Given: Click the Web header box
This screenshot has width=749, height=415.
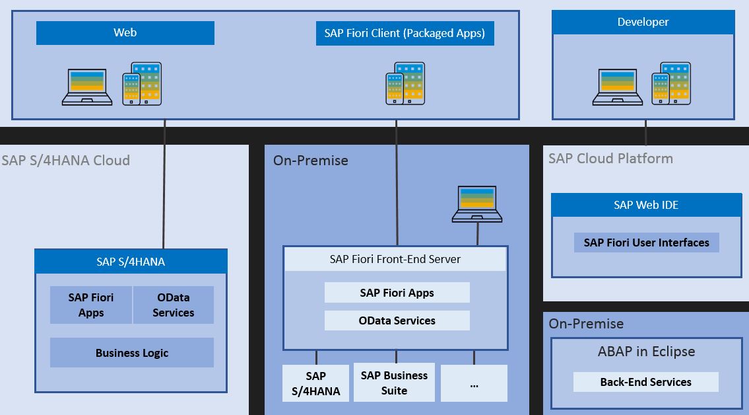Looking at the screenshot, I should (125, 32).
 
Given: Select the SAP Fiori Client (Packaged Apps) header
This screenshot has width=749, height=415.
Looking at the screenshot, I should (405, 33).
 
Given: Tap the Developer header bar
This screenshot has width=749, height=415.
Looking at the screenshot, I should (643, 22).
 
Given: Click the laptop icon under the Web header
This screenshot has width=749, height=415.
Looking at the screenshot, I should (87, 87).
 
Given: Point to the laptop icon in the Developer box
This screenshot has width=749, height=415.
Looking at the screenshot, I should (617, 87).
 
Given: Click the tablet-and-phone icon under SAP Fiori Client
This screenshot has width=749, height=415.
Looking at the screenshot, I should (405, 83).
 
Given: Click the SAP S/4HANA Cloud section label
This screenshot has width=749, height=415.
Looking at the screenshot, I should (65, 161).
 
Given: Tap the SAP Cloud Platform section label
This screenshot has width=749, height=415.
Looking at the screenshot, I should (610, 159).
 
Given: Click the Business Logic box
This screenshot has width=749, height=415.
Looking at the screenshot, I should (132, 353).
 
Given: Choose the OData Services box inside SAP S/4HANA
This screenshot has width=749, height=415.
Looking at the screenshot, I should (174, 305).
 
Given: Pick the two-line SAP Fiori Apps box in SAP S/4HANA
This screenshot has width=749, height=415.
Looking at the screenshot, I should (91, 305).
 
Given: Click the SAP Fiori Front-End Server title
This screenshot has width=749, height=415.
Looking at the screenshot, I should (395, 259).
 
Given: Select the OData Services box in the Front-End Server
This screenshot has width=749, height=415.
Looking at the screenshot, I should (397, 321).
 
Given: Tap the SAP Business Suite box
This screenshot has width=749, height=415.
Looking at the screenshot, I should (394, 383).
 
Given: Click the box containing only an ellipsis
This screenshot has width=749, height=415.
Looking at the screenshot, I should (474, 383).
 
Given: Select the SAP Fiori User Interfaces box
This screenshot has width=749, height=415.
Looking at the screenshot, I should (646, 243).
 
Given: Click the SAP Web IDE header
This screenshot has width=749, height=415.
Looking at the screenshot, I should (646, 205).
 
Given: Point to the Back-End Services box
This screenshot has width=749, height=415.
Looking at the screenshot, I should (645, 382).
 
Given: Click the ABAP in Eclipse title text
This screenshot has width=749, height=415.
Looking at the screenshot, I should (646, 352).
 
